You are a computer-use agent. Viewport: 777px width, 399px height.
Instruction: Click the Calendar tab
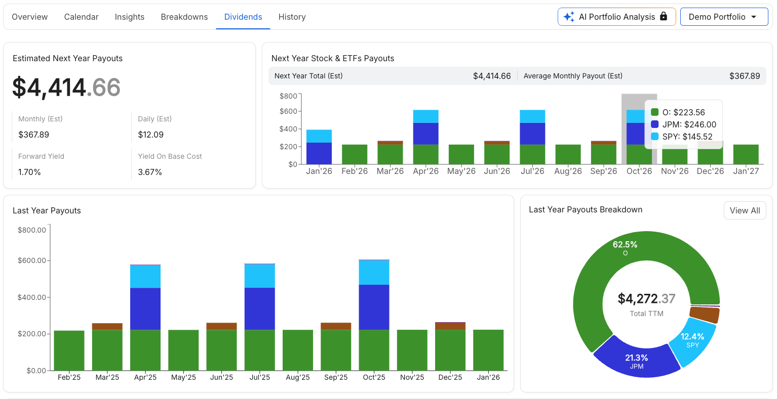tap(81, 17)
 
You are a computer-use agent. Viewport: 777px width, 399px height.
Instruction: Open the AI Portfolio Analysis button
tap(616, 17)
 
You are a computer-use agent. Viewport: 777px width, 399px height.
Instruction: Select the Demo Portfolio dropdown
tap(723, 17)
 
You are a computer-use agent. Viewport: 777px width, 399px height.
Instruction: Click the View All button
tap(745, 210)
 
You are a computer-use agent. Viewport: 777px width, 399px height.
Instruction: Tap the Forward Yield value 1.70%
tap(29, 172)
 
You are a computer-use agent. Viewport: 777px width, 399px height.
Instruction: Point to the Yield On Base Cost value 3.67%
tap(150, 172)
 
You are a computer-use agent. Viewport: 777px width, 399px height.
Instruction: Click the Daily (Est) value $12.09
tap(150, 135)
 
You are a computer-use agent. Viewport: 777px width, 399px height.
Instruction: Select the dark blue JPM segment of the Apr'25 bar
tap(145, 308)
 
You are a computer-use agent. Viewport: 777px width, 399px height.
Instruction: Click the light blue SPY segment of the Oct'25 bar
tap(374, 272)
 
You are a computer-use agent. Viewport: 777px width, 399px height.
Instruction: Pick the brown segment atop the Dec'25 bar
tap(450, 326)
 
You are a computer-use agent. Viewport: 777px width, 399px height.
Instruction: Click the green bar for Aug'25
tap(298, 350)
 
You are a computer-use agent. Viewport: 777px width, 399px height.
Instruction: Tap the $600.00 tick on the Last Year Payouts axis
tap(32, 260)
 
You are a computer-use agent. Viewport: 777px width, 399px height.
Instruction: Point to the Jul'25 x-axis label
tap(259, 377)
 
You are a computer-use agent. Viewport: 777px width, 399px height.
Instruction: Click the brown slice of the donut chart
tap(705, 315)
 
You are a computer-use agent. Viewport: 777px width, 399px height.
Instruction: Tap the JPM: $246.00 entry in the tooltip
tap(689, 124)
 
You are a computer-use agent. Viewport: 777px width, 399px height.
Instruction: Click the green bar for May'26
tap(461, 154)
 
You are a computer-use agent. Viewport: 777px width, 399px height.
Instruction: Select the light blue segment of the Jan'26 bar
tap(319, 136)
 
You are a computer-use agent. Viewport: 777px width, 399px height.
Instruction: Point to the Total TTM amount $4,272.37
tap(646, 299)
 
